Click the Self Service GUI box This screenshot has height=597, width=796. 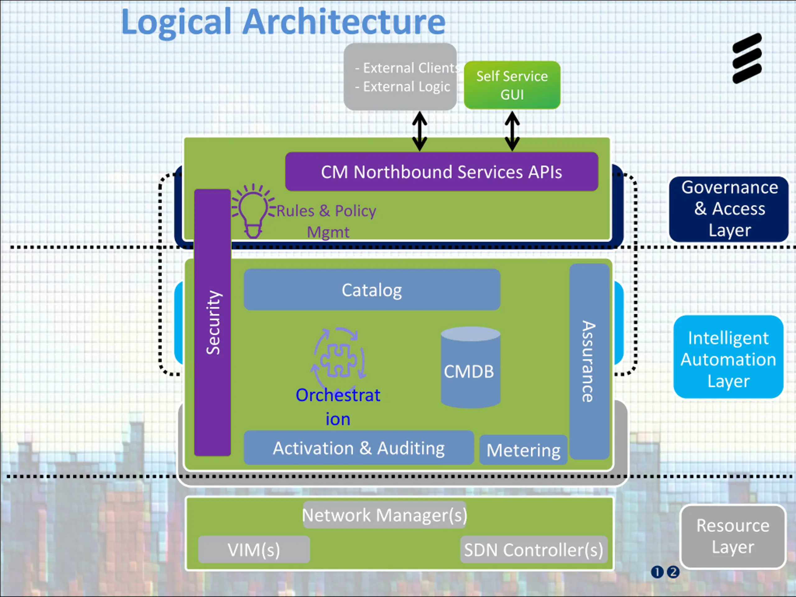pos(512,85)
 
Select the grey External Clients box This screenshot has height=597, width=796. pos(400,77)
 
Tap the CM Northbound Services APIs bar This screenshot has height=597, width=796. pos(442,172)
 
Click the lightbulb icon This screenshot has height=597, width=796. pos(253,211)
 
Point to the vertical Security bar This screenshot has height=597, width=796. pos(212,322)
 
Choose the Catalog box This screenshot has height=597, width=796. pos(372,290)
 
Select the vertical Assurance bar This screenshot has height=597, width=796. pos(589,361)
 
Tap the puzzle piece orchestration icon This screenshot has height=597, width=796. pos(338,360)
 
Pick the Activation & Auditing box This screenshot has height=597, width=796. pos(359,448)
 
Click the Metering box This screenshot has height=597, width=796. pos(523,450)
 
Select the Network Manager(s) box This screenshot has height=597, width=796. pos(384,515)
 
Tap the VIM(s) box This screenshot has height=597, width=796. pos(254,549)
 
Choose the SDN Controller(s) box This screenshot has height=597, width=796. pos(534,549)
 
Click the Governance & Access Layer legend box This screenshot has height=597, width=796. pos(729,209)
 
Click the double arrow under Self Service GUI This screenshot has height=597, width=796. pos(512,131)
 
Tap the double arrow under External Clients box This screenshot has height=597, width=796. pos(419,131)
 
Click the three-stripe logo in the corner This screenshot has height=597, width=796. pos(747,58)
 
